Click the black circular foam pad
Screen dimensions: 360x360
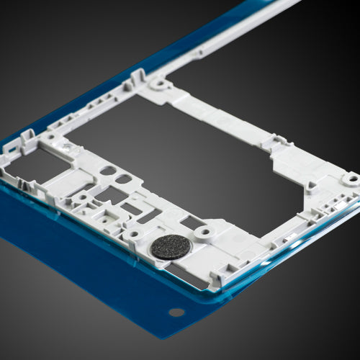click(x=171, y=247)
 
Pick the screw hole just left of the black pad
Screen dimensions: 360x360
click(x=133, y=235)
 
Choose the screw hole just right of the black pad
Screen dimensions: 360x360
click(x=205, y=232)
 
